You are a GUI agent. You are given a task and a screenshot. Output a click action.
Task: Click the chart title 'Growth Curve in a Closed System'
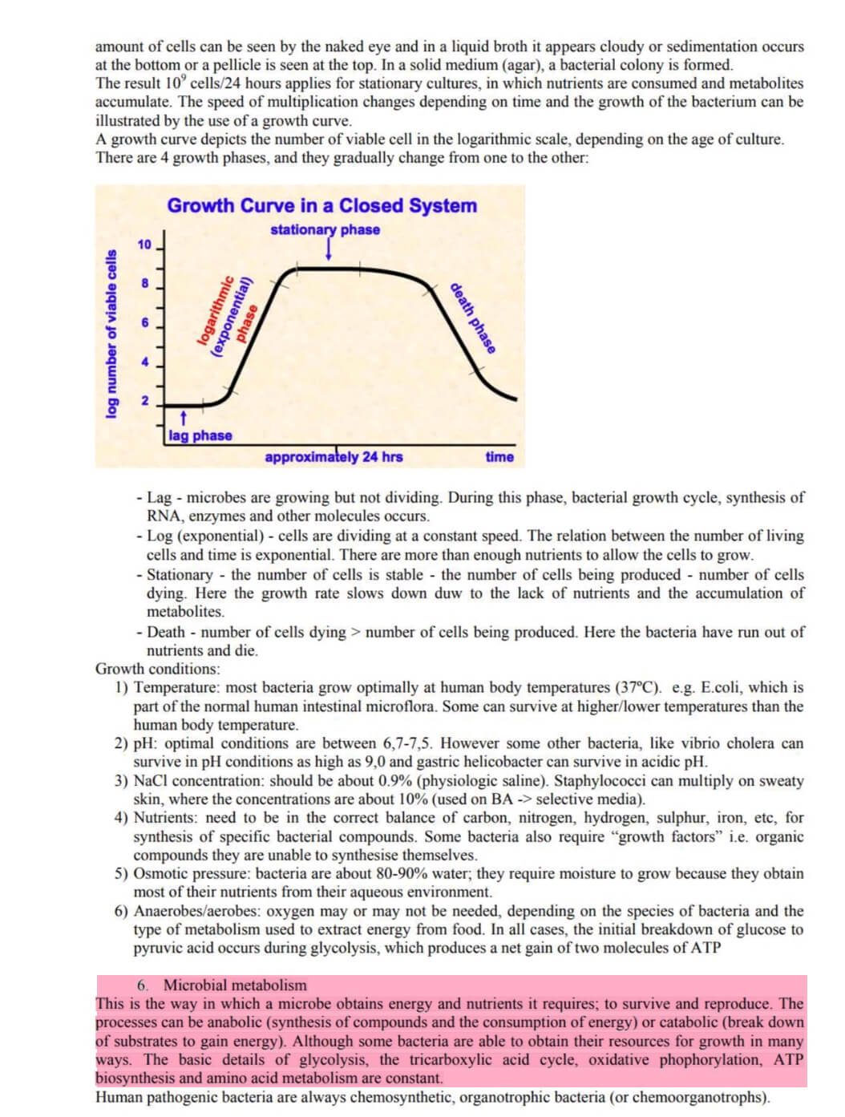point(321,205)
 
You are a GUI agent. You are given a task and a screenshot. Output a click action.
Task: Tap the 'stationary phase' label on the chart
point(325,229)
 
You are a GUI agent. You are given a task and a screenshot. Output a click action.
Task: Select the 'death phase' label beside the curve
point(472,318)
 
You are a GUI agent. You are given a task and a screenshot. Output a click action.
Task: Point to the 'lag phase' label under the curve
point(200,435)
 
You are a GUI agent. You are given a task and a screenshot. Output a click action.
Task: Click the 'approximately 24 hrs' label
point(334,457)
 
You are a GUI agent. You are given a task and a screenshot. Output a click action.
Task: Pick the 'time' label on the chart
point(499,457)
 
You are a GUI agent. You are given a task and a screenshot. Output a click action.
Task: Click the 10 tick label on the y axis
point(144,245)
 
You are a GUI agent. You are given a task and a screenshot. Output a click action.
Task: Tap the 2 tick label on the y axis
point(145,400)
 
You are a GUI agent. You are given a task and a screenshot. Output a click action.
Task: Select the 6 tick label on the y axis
point(145,322)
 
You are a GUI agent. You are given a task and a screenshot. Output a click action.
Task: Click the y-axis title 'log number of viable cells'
point(111,334)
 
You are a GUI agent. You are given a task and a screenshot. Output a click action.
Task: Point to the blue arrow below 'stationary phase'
point(328,250)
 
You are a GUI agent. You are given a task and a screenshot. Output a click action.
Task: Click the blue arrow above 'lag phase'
point(184,418)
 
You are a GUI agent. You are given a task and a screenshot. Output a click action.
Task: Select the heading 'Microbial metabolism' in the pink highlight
point(235,985)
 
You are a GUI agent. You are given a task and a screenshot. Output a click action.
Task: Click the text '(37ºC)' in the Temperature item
point(639,687)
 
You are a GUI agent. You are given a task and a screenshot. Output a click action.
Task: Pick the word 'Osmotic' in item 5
point(161,873)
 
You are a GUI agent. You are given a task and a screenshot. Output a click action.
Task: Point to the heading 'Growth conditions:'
point(157,669)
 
